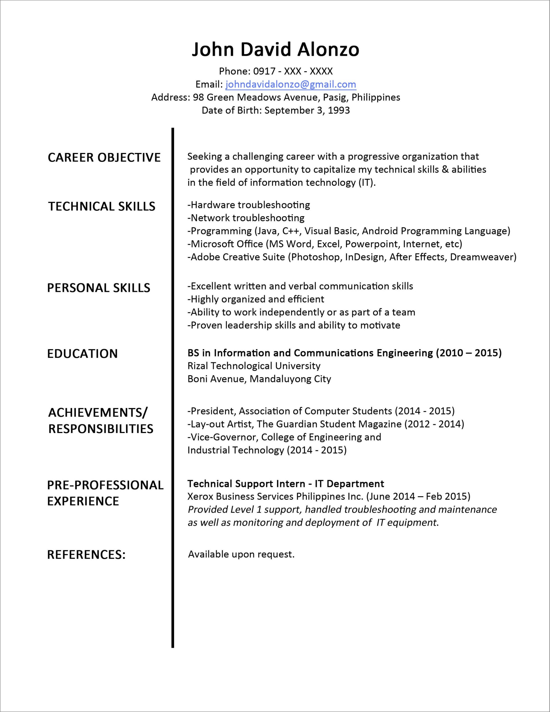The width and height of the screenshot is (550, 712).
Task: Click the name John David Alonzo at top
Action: [276, 50]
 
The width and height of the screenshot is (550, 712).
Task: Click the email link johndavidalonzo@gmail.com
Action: [291, 85]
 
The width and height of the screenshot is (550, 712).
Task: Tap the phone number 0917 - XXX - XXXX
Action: [293, 71]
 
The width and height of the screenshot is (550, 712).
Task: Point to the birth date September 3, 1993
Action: [307, 110]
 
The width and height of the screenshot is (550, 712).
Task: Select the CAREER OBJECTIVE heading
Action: [104, 157]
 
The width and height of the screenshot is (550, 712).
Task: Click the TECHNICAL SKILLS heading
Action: [102, 206]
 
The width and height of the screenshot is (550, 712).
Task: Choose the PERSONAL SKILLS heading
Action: [99, 288]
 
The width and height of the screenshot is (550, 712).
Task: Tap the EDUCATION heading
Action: [83, 354]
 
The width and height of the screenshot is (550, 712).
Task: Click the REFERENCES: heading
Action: [86, 555]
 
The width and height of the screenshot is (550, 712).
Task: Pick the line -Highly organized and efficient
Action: [256, 299]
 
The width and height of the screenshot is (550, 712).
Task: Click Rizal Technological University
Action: [254, 366]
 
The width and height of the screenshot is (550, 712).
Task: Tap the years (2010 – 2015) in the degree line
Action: [469, 353]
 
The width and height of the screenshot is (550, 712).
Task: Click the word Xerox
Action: [200, 496]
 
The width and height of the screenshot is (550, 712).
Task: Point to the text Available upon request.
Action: [241, 554]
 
